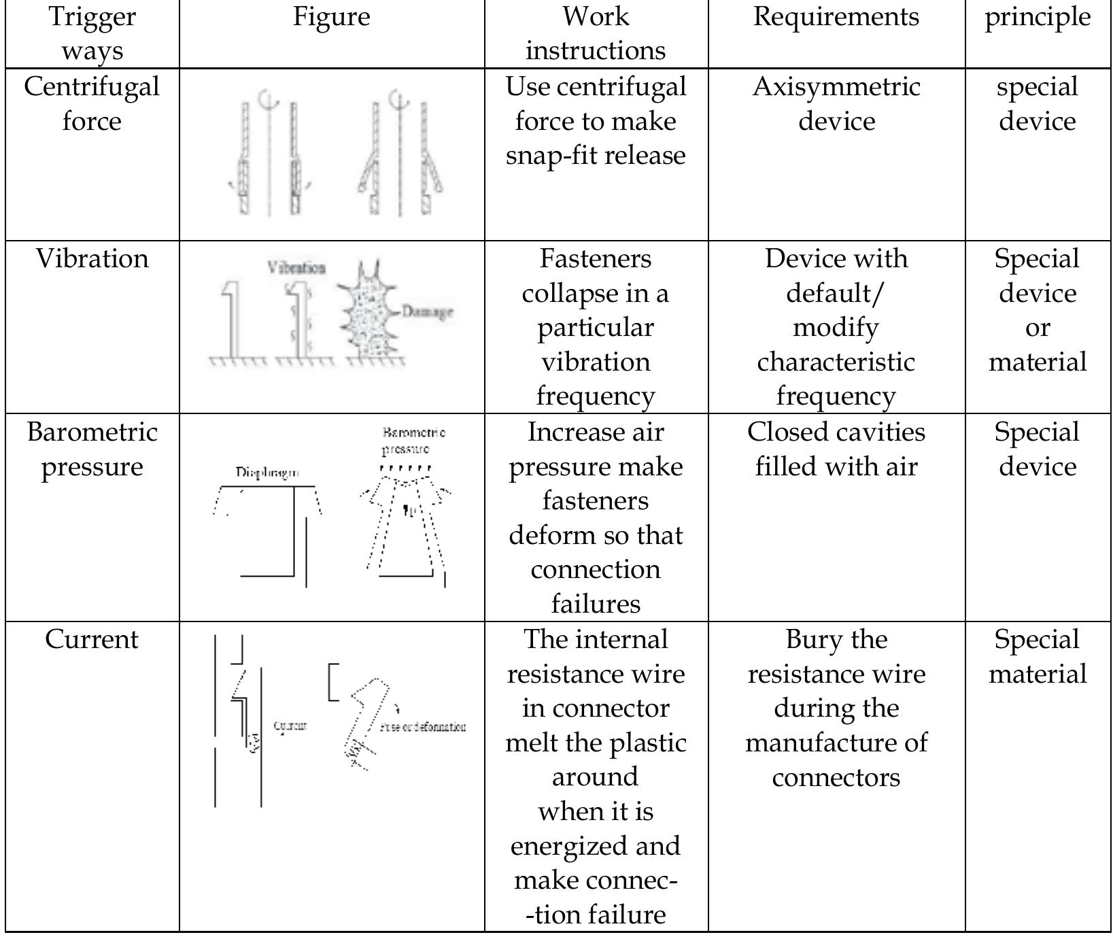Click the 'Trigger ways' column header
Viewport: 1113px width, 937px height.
pyautogui.click(x=92, y=33)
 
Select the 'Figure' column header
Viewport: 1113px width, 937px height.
pyautogui.click(x=331, y=17)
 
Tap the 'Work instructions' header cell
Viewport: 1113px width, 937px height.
pyautogui.click(x=596, y=33)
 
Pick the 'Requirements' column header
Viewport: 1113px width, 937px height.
pyautogui.click(x=836, y=17)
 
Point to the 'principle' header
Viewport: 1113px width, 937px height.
pyautogui.click(x=1038, y=17)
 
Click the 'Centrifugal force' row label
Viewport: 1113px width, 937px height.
pyautogui.click(x=92, y=103)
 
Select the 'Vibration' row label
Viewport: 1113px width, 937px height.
pyautogui.click(x=92, y=259)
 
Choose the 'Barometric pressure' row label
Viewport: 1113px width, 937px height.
pyautogui.click(x=92, y=449)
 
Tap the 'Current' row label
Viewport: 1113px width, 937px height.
pyautogui.click(x=92, y=640)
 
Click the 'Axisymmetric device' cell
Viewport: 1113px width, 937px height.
pyautogui.click(x=836, y=103)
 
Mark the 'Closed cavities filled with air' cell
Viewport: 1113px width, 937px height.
pyautogui.click(x=836, y=449)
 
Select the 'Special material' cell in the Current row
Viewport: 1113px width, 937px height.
pyautogui.click(x=1038, y=657)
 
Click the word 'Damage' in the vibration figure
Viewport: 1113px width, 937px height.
pyautogui.click(x=427, y=312)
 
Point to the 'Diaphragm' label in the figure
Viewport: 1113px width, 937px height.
pyautogui.click(x=267, y=473)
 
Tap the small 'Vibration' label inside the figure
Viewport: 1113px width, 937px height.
pyautogui.click(x=296, y=267)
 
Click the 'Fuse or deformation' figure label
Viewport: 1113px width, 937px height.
pyautogui.click(x=423, y=727)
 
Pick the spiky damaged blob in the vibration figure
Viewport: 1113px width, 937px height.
pyautogui.click(x=367, y=313)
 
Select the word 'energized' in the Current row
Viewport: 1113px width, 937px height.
pyautogui.click(x=572, y=846)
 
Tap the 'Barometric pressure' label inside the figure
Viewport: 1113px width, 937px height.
pyautogui.click(x=413, y=441)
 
